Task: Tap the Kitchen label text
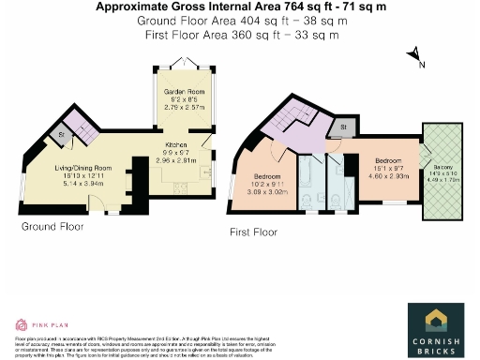tap(178, 146)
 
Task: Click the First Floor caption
tap(253, 231)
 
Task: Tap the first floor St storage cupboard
tap(344, 125)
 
